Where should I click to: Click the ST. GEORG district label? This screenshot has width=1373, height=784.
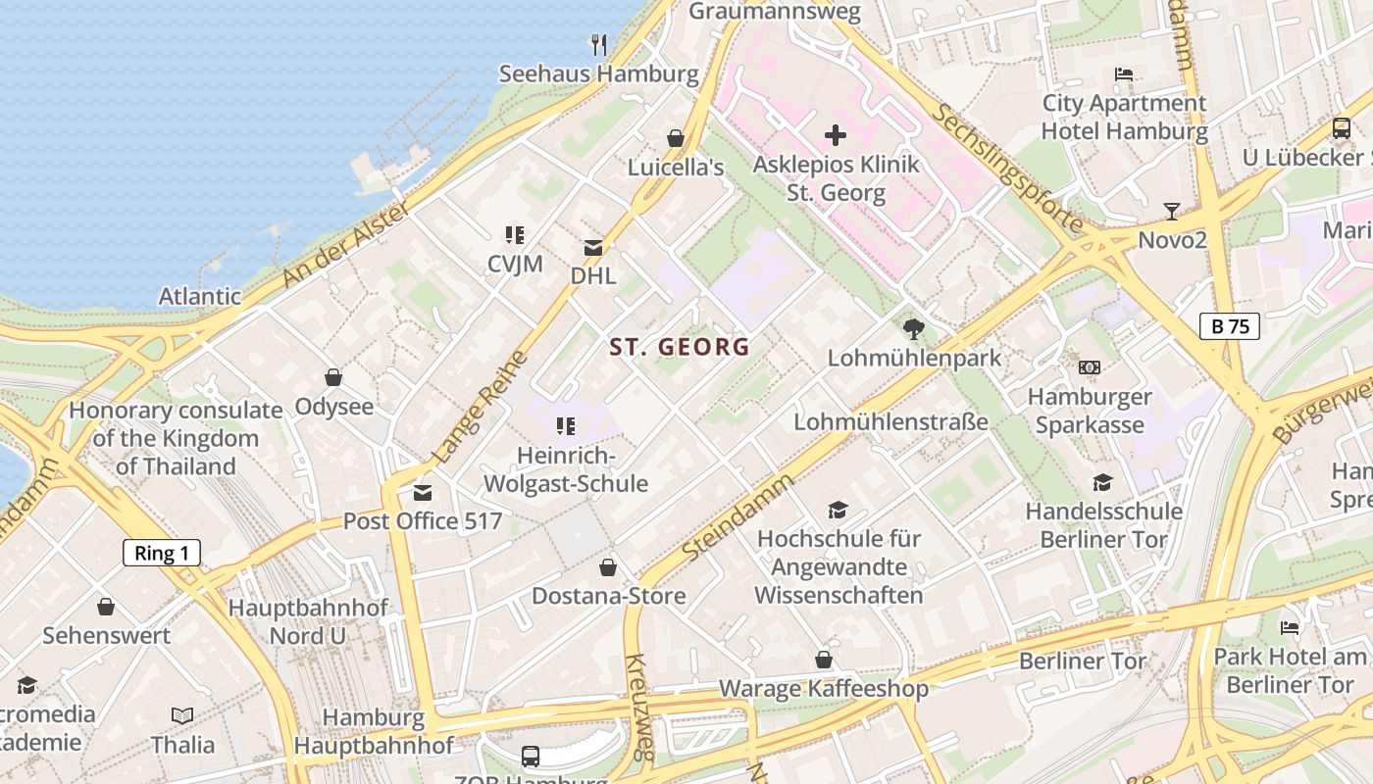680,347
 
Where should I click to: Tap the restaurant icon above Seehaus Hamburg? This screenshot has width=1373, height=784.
598,44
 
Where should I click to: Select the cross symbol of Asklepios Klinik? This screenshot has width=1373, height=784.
836,135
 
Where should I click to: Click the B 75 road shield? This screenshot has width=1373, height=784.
1230,326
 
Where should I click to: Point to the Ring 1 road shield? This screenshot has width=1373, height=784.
162,553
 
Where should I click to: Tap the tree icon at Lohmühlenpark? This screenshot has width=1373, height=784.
914,329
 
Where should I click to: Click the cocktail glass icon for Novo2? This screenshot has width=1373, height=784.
1171,211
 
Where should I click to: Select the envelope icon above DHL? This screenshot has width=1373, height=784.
593,248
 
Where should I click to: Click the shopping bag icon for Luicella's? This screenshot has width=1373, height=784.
675,138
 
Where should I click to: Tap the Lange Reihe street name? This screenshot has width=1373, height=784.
473,408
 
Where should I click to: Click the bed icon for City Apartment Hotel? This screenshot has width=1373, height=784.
1124,74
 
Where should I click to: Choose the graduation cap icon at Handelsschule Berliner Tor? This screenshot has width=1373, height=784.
1102,482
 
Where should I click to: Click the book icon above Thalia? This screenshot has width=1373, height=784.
182,715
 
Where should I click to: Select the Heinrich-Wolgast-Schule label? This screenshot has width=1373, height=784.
566,469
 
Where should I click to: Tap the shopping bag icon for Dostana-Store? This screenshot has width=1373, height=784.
608,567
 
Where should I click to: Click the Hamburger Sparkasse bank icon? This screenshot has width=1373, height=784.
1089,367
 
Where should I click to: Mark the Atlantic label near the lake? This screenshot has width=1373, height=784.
200,296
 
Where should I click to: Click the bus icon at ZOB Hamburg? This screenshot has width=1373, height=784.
530,756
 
